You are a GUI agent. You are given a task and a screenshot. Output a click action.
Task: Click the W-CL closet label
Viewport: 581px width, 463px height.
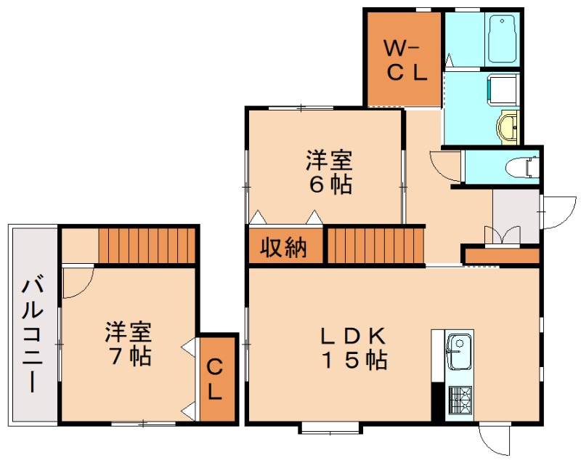pyautogui.click(x=406, y=61)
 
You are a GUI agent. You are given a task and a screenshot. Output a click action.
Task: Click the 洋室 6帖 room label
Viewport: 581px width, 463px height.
pyautogui.click(x=329, y=172)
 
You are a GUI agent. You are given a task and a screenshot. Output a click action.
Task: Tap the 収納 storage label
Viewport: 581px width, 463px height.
pyautogui.click(x=284, y=247)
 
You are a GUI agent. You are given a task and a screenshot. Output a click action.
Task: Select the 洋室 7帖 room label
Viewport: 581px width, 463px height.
pyautogui.click(x=129, y=344)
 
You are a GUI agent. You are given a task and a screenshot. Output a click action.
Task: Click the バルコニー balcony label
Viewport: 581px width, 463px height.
pyautogui.click(x=33, y=336)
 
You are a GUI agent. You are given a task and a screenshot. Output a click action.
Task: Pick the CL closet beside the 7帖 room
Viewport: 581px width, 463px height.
pyautogui.click(x=217, y=379)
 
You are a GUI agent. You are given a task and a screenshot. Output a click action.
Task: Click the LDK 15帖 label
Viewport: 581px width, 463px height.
pyautogui.click(x=354, y=348)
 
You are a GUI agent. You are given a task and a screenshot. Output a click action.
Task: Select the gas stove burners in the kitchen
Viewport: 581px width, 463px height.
pyautogui.click(x=460, y=400)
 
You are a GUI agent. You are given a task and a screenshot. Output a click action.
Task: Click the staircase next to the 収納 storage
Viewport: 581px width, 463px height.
pyautogui.click(x=375, y=246)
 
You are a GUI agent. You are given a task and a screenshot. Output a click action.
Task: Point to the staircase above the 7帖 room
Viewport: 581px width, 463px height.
pyautogui.click(x=147, y=246)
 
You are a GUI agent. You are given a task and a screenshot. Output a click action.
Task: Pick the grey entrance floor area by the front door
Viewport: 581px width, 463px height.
pyautogui.click(x=516, y=217)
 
